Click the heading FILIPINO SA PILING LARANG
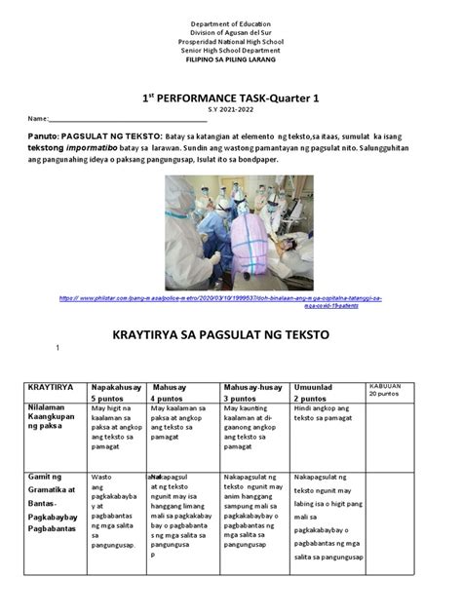pyautogui.click(x=231, y=60)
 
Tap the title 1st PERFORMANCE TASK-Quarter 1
pyautogui.click(x=231, y=98)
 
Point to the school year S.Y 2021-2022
pyautogui.click(x=231, y=111)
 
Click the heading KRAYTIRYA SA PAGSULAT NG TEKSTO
pyautogui.click(x=231, y=334)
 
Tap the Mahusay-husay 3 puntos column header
pyautogui.click(x=251, y=393)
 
